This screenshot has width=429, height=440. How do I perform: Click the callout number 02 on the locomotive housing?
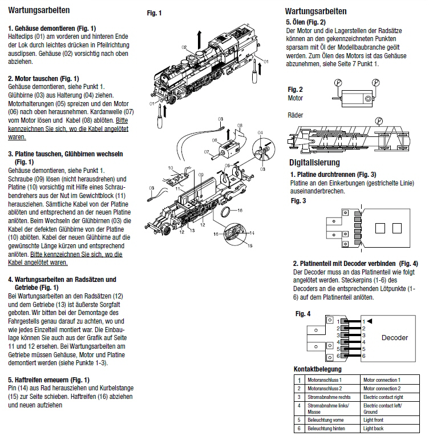[x=184, y=46]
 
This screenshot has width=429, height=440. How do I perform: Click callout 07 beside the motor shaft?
[x=206, y=152]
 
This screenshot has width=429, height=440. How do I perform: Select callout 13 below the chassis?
[x=192, y=231]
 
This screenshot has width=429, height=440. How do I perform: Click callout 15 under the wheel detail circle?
[x=249, y=246]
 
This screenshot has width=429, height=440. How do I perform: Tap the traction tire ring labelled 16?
[x=226, y=213]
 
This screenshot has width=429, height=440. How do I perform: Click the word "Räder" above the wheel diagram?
[x=296, y=116]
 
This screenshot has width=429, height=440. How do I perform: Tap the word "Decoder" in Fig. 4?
[x=394, y=338]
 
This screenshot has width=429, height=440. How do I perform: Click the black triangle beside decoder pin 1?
[x=370, y=321]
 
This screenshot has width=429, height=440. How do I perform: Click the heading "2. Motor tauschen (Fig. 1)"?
[x=43, y=78]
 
